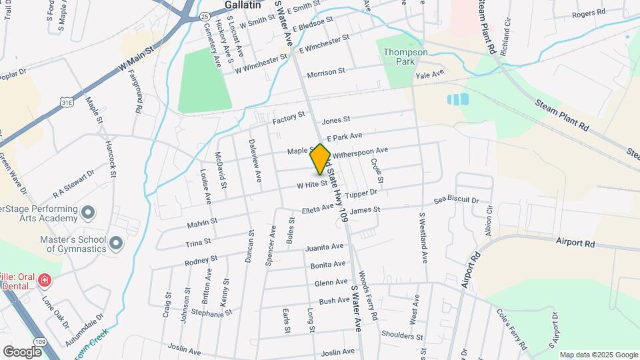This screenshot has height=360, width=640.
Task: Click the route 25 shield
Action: [205, 15]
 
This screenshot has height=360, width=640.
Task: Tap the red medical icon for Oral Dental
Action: [44, 280]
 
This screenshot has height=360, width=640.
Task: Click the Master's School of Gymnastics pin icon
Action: [116, 243]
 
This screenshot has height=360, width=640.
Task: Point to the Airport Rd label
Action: [575, 244]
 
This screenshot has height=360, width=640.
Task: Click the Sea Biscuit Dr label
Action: [456, 200]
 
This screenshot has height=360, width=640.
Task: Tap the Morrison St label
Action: [326, 71]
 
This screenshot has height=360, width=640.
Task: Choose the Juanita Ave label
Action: [324, 247]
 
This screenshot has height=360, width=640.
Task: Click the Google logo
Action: [22, 351]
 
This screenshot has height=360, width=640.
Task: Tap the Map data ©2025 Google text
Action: [598, 355]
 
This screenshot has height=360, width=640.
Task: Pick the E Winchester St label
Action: [324, 45]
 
